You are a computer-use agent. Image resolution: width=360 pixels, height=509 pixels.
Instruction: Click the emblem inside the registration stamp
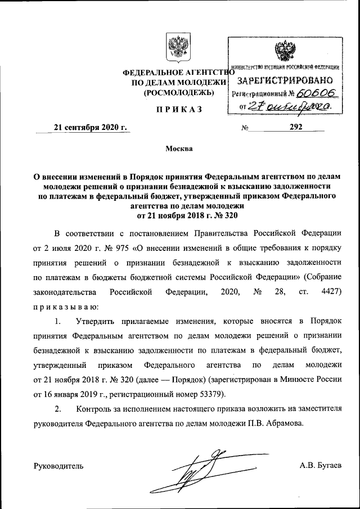tap(283, 52)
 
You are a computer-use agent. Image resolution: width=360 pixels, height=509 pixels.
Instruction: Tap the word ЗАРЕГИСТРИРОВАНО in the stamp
tap(286, 80)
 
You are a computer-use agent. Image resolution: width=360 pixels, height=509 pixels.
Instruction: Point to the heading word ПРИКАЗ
tap(179, 109)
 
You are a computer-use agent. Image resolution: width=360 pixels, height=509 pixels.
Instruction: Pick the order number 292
tap(296, 127)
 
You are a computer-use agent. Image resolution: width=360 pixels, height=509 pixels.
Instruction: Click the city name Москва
tap(179, 150)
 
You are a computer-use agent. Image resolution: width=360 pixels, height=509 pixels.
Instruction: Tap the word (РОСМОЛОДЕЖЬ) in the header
tap(178, 92)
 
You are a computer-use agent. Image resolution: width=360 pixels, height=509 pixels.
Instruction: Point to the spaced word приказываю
tap(66, 307)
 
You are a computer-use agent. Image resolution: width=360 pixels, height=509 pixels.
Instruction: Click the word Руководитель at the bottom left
tap(59, 466)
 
